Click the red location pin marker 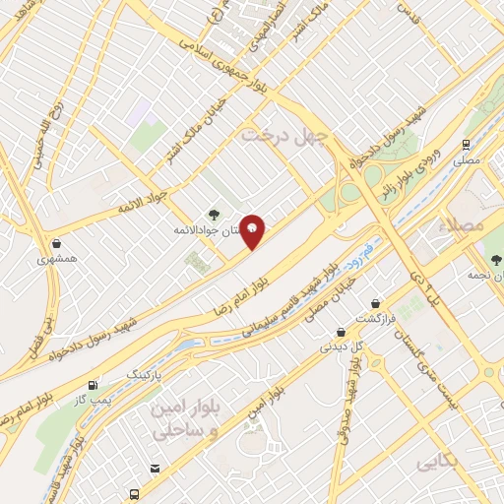pyautogui.click(x=253, y=231)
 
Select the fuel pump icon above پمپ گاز pyautogui.click(x=93, y=385)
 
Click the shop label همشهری pyautogui.click(x=56, y=260)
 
